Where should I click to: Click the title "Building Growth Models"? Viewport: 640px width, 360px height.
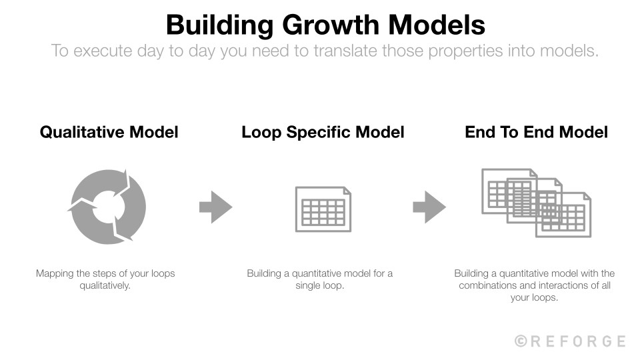[325, 25]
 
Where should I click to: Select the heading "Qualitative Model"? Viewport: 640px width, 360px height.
[109, 132]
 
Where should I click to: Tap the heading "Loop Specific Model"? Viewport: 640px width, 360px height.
[323, 132]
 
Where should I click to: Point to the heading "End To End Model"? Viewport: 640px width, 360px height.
[536, 132]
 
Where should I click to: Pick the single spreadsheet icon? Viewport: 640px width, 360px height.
[323, 209]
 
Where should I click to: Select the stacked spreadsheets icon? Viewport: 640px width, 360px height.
[536, 203]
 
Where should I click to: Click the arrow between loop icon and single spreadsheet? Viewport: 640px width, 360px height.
[215, 207]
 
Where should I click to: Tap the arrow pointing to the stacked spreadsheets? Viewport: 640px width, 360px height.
[429, 207]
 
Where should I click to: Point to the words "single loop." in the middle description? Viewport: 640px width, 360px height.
[320, 285]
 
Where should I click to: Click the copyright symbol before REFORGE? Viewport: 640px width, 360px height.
[521, 341]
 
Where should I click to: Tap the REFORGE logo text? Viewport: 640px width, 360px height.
[578, 341]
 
